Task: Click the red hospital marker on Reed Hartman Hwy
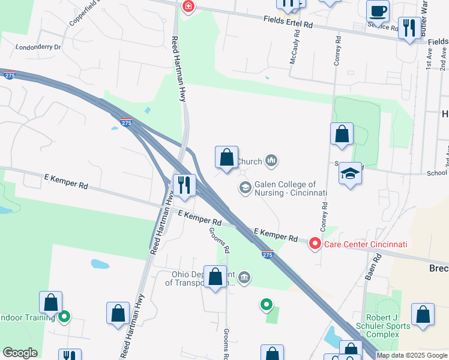188,7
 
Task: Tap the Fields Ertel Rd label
288,23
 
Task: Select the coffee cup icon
378,11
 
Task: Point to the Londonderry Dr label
38,47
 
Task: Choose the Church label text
250,161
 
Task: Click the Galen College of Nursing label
291,188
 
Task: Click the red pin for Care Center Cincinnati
315,244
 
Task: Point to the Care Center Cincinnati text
366,244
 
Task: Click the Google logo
20,353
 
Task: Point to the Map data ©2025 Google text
412,356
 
